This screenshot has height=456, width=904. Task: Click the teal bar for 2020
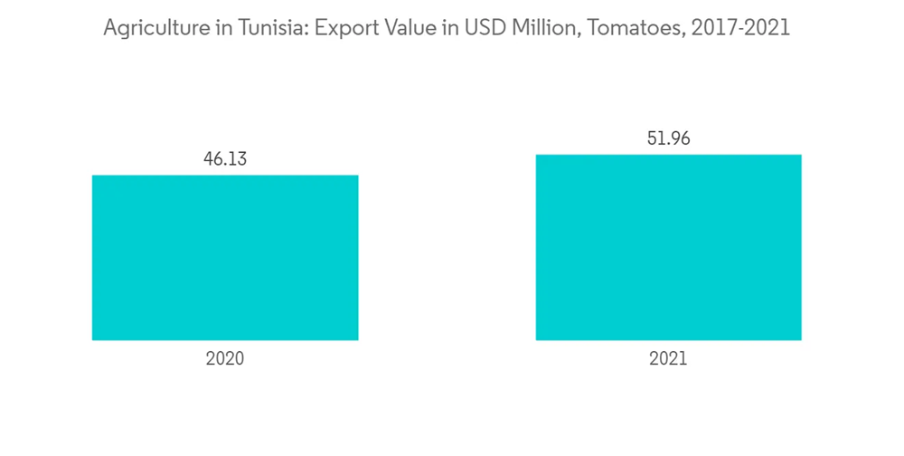click(x=225, y=258)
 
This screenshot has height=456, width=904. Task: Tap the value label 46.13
click(x=225, y=159)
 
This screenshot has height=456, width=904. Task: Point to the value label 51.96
click(x=668, y=138)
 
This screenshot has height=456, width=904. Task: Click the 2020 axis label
click(x=225, y=359)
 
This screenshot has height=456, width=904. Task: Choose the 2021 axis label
click(x=668, y=359)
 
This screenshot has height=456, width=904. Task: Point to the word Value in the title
click(x=404, y=29)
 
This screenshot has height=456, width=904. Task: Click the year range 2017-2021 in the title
click(x=740, y=29)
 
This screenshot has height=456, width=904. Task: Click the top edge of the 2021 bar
click(x=668, y=155)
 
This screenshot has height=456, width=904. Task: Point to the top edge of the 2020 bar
click(x=225, y=176)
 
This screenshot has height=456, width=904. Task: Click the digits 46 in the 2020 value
click(x=214, y=159)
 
